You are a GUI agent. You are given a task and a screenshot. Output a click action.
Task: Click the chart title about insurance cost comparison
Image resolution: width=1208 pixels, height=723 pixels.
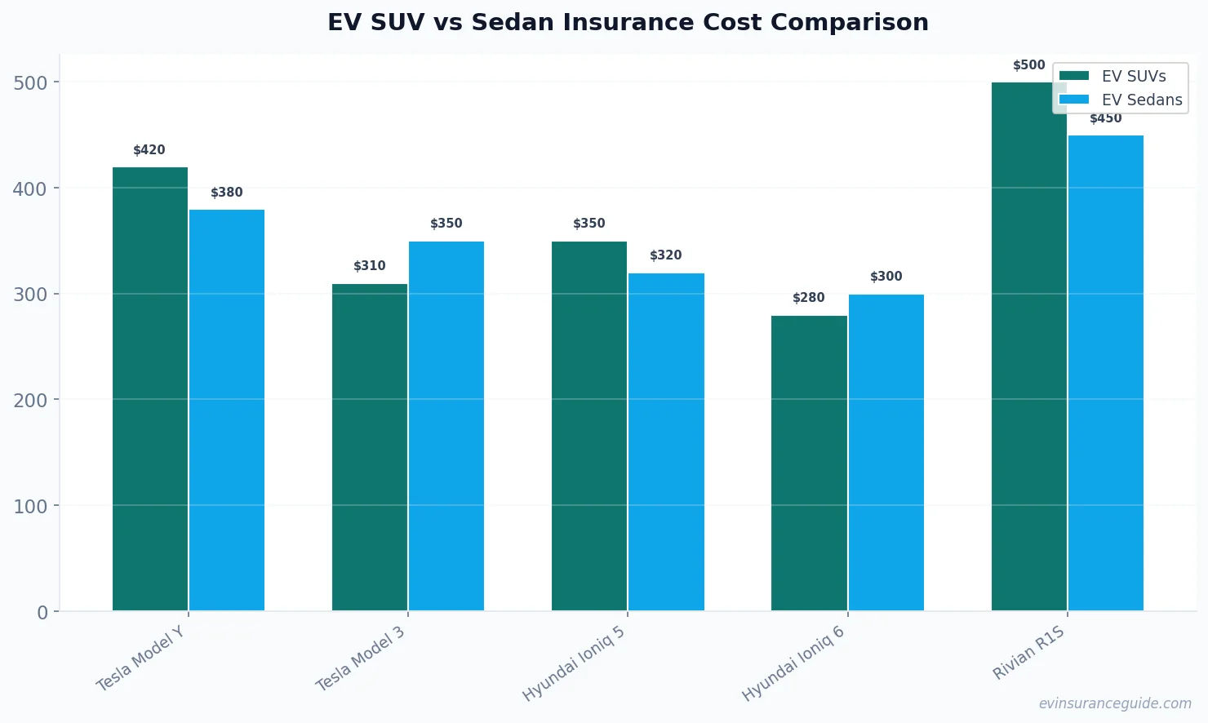click(x=628, y=22)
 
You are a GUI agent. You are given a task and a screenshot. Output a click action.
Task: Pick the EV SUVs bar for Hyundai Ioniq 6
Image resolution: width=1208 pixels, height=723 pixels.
click(x=809, y=463)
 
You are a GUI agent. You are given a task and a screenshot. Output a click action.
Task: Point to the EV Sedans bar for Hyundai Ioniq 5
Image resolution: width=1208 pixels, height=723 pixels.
click(x=666, y=441)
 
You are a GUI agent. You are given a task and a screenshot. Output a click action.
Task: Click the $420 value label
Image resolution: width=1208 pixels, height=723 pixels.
click(x=149, y=150)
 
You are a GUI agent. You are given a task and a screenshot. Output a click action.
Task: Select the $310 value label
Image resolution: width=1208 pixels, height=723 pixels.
click(x=370, y=266)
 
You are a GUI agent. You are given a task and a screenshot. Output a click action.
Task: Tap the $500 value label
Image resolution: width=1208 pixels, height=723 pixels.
click(x=1028, y=65)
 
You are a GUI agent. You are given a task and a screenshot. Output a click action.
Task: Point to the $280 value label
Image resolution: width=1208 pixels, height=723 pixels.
click(x=809, y=298)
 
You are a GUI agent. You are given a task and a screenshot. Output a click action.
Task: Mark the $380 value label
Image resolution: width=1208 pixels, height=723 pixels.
click(x=227, y=193)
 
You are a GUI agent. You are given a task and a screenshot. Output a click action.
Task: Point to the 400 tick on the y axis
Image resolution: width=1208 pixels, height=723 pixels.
click(x=29, y=189)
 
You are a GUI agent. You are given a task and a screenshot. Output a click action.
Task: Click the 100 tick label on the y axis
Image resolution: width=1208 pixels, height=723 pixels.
click(x=29, y=506)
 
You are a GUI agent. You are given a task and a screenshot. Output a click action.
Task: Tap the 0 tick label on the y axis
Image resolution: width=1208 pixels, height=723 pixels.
click(x=42, y=612)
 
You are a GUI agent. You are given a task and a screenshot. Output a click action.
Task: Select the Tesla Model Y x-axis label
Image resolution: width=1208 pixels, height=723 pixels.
click(x=141, y=659)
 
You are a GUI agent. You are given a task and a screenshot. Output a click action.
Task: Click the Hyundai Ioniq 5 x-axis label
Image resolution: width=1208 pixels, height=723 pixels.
click(x=574, y=663)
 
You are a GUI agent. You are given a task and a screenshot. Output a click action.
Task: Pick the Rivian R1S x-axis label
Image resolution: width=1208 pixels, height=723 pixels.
click(x=1028, y=653)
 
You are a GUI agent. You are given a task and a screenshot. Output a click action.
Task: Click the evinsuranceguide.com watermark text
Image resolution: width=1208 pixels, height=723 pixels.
click(x=1114, y=703)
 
